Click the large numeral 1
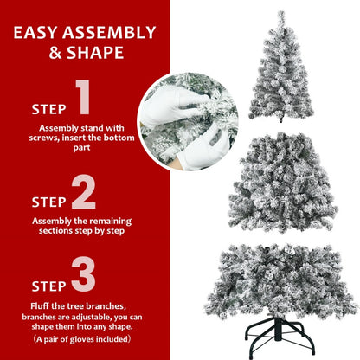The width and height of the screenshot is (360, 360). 83,100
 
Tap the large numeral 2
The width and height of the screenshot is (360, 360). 83,192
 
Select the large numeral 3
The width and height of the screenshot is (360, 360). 83,273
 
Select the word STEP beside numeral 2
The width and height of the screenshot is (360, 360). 48,202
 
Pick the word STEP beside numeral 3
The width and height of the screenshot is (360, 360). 48,284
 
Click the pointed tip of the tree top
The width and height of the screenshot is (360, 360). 280,13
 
